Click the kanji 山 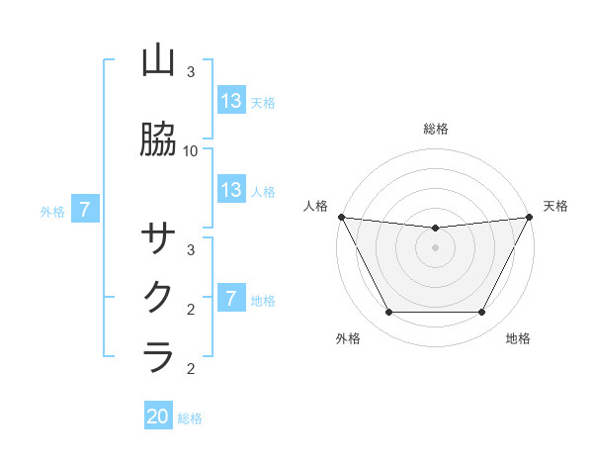click(158, 60)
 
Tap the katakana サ click(158, 238)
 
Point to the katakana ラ click(158, 356)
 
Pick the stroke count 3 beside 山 click(191, 72)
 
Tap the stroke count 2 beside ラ click(191, 369)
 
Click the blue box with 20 click(158, 417)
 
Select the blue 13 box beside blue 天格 click(230, 101)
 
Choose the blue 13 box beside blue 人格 click(230, 190)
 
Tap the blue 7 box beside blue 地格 click(230, 299)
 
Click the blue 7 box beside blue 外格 click(86, 210)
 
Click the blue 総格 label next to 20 click(190, 418)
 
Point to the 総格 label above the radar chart click(435, 129)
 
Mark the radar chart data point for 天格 click(530, 217)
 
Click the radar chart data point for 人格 click(341, 217)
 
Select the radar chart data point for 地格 click(481, 313)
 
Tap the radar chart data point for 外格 click(388, 313)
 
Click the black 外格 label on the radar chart click(348, 338)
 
